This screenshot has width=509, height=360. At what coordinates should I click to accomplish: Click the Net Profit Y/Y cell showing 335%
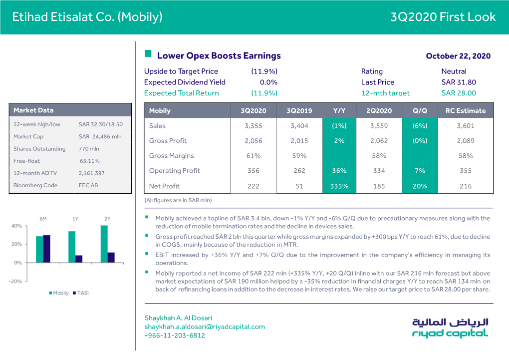[339, 186]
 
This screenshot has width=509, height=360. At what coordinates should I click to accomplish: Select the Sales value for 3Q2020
[253, 126]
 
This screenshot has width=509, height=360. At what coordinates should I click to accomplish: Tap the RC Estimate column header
[465, 111]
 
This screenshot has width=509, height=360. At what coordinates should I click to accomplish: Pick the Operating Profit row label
[174, 171]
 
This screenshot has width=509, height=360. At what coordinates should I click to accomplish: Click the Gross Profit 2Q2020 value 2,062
[379, 141]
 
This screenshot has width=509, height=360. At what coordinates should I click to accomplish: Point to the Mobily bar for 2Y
[104, 244]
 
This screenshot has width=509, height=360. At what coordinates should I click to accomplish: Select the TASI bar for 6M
[47, 249]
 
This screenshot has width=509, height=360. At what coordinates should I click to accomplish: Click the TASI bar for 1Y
[79, 259]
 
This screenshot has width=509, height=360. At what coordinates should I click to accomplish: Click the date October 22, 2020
[458, 56]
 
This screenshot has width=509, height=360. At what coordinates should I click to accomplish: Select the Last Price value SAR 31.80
[459, 82]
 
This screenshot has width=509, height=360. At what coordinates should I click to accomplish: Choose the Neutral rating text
[454, 71]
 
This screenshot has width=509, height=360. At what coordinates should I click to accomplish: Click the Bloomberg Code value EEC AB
[89, 185]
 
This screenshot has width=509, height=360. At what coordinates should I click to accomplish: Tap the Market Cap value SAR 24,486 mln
[100, 136]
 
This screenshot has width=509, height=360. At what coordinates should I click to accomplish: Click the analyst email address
[204, 327]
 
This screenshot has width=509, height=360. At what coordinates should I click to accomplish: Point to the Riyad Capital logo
[450, 328]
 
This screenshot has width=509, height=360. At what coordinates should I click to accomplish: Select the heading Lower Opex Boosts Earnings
[219, 56]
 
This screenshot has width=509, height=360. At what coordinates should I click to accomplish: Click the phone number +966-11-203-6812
[175, 336]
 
